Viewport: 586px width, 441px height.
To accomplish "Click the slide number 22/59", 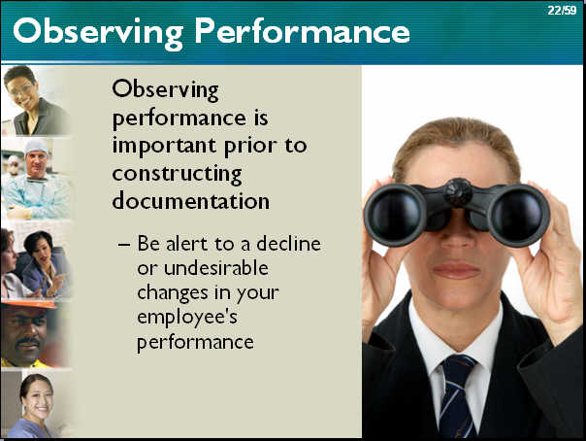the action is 562,10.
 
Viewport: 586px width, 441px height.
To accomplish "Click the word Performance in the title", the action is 302,31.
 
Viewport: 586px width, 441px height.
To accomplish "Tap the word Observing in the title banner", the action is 98,33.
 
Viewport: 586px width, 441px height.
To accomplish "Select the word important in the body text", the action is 164,147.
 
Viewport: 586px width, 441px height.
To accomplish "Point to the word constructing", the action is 178,175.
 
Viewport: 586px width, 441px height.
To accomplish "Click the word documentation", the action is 190,200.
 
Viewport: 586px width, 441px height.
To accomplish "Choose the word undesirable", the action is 216,268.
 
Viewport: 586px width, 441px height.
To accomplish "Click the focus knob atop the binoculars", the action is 458,191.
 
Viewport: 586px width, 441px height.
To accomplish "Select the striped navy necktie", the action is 458,396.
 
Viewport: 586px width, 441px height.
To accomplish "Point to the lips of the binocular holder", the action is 456,270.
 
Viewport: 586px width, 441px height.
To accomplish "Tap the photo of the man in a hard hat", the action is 35,333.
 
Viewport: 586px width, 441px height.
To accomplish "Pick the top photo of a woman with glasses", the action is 36,100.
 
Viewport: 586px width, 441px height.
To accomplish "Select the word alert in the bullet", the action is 186,244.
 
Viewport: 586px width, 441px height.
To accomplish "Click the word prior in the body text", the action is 250,147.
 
